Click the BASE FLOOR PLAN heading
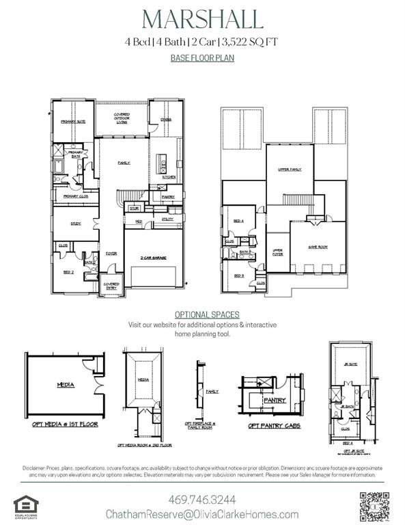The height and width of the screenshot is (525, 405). click(x=201, y=58)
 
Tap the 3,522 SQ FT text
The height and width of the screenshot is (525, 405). click(x=251, y=42)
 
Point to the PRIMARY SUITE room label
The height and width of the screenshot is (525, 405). click(x=72, y=121)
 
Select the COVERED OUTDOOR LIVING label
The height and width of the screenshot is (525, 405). click(x=122, y=118)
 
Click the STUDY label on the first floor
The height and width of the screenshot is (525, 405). click(x=76, y=223)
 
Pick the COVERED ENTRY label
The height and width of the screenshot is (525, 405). click(x=111, y=285)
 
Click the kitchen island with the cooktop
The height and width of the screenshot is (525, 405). click(x=163, y=164)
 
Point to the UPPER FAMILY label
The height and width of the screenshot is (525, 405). click(x=290, y=169)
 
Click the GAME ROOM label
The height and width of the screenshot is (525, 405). click(x=318, y=246)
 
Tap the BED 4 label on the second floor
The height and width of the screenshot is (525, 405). click(x=238, y=221)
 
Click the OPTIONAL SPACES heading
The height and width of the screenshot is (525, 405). click(x=201, y=314)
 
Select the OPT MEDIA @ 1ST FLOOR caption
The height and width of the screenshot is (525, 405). click(x=65, y=424)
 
